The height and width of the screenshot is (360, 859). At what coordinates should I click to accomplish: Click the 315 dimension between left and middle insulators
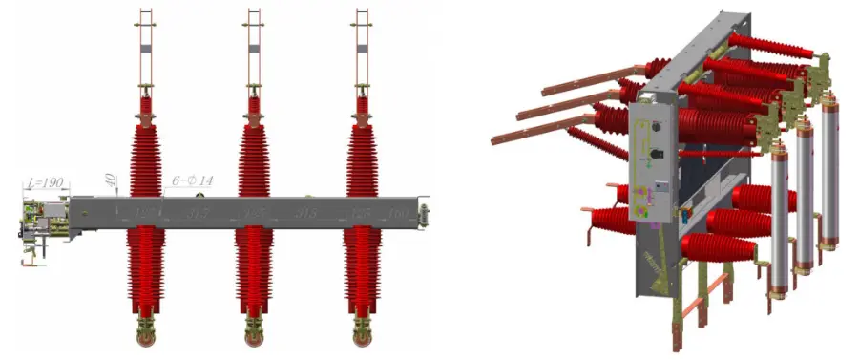point(199,212)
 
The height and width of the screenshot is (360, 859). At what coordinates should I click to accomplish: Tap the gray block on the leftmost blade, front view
point(145,48)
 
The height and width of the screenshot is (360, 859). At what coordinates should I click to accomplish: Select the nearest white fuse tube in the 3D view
point(779,215)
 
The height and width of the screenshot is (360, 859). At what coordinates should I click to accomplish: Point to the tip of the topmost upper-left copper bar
point(545,93)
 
